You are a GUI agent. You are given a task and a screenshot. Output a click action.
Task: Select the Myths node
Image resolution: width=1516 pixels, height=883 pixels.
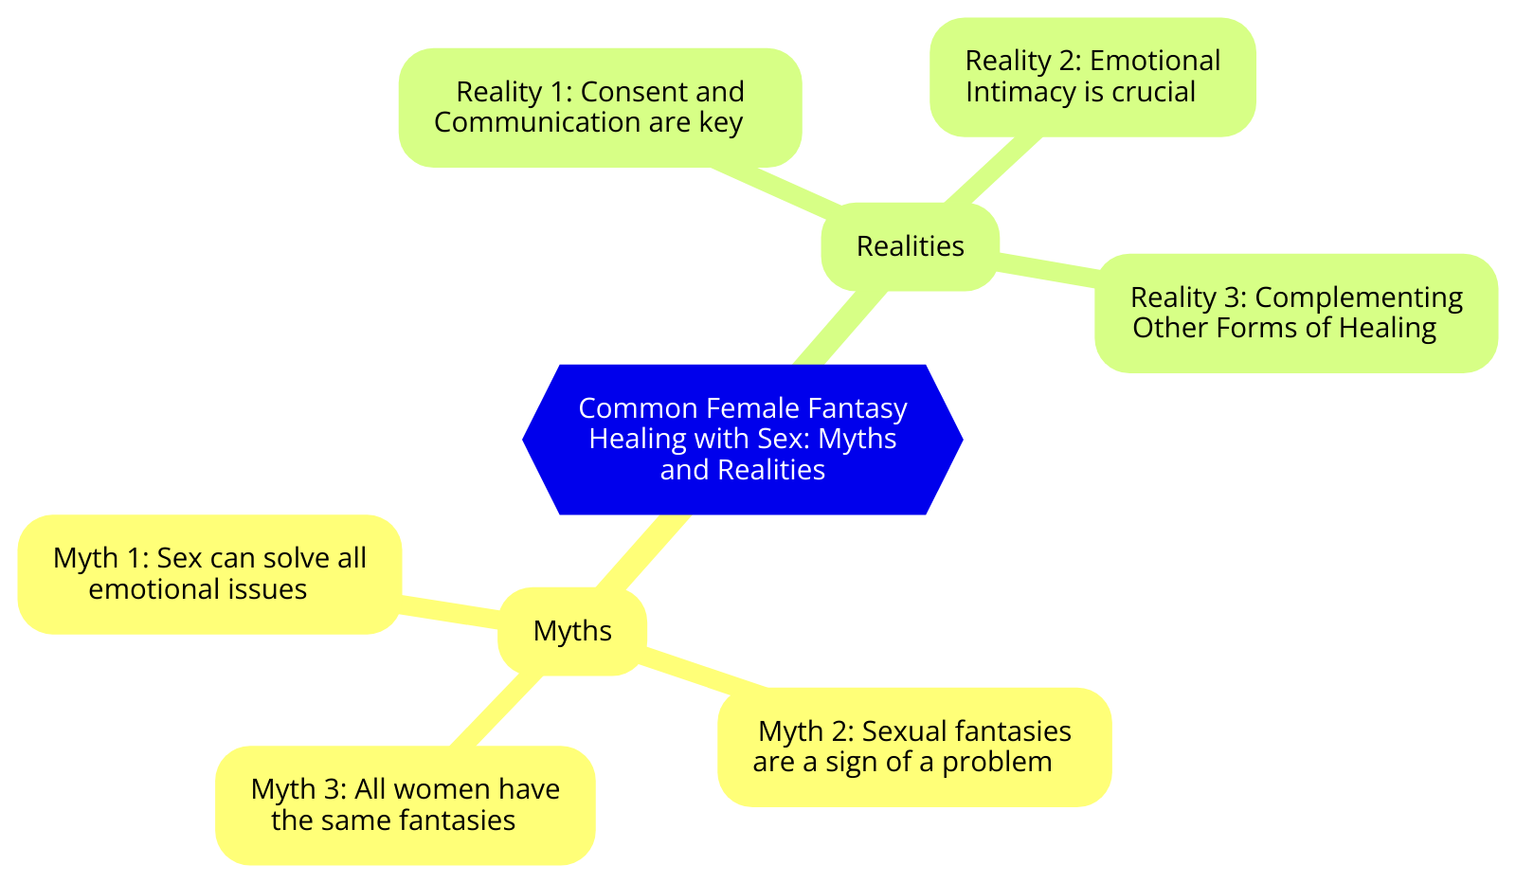[572, 631]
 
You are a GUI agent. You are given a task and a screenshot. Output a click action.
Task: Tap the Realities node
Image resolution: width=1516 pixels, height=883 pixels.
[910, 246]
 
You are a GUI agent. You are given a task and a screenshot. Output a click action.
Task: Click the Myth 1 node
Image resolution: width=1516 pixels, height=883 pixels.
[209, 574]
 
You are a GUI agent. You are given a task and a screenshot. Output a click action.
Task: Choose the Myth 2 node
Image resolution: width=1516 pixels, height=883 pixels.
[914, 747]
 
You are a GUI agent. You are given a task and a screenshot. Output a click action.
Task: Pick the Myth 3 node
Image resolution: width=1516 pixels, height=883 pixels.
[406, 804]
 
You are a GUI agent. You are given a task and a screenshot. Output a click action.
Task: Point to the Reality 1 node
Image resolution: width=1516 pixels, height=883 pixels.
[600, 107]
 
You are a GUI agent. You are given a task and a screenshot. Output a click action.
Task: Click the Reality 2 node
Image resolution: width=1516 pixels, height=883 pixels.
[1092, 76]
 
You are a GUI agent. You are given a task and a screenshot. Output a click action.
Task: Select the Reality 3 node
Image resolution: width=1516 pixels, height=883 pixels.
[1296, 313]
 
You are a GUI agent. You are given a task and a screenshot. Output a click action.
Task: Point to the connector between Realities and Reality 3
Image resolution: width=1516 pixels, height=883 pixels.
[1047, 266]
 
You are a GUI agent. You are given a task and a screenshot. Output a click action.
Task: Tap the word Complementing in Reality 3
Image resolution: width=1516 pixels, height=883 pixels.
[1359, 297]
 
